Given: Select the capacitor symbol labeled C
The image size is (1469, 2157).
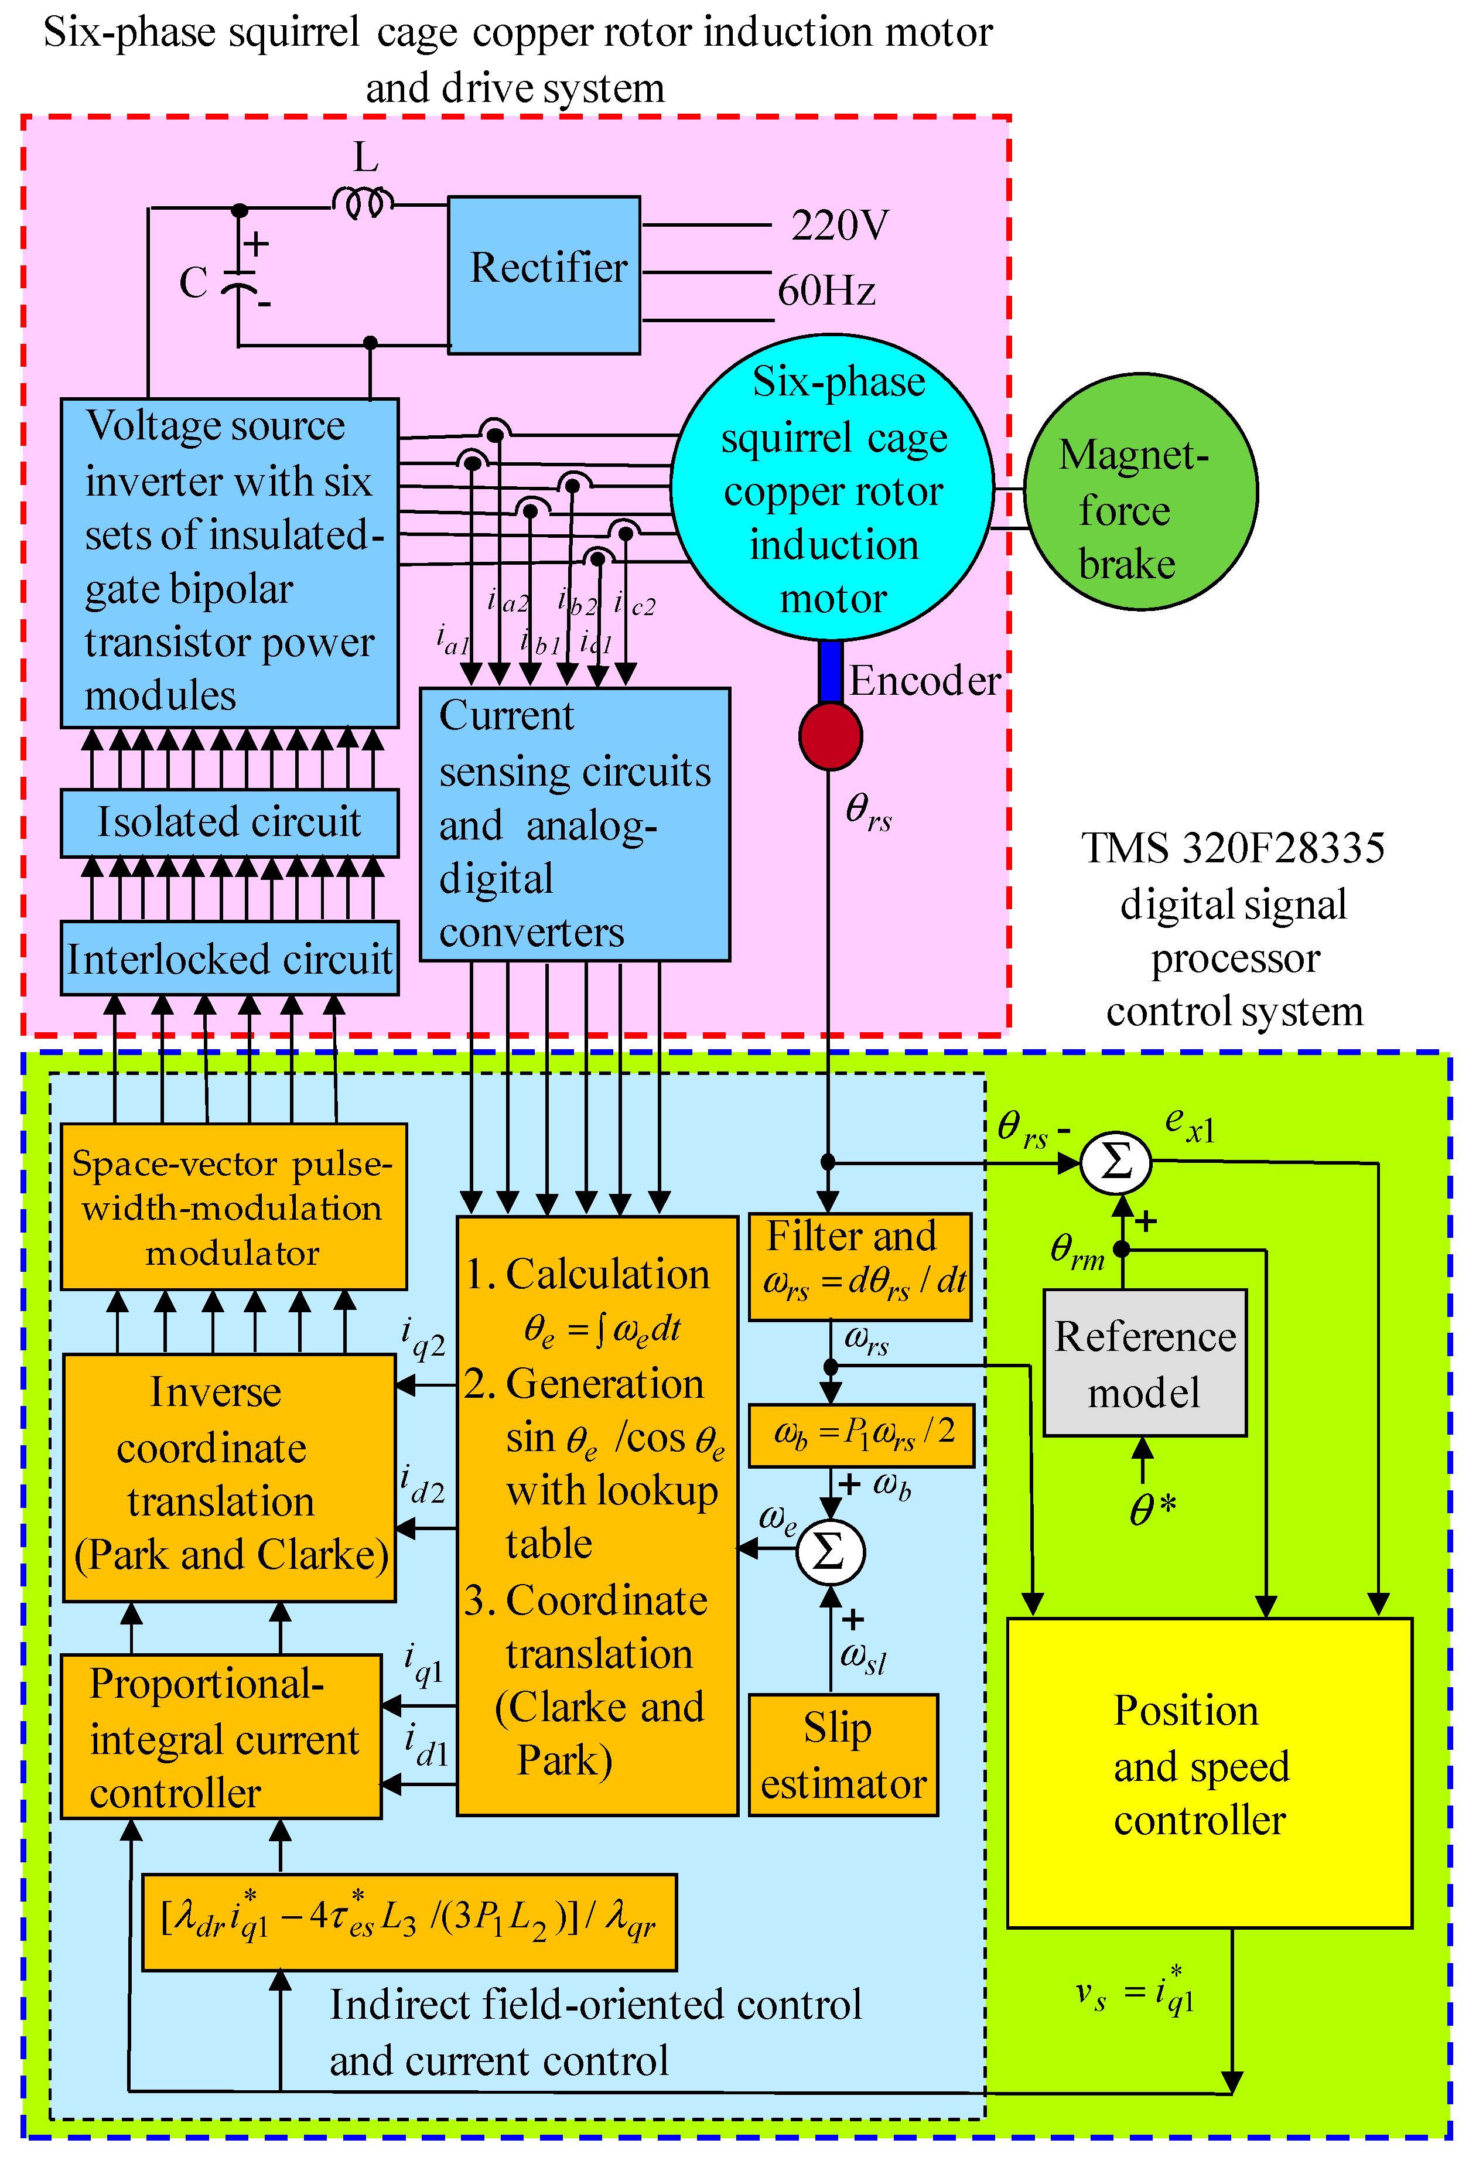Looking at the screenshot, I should coord(240,282).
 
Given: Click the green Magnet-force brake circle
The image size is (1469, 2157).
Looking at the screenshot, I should coord(1140,492).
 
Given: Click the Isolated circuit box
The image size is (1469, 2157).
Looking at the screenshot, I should coord(229,822).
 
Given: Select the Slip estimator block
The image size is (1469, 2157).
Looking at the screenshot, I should coord(843,1754).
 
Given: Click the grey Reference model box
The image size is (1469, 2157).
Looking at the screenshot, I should coord(1144,1363).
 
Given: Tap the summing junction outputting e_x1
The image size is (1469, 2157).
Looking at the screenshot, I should coord(1115,1162).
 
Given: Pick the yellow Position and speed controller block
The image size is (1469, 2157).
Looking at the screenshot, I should coord(1208,1773).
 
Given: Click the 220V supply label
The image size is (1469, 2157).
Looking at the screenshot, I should coord(839,226).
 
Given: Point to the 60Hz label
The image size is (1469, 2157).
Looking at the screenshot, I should coord(826,291).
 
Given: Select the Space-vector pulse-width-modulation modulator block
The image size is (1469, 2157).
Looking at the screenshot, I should coord(233,1207).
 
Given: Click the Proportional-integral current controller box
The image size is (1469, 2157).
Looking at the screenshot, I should coord(221,1736).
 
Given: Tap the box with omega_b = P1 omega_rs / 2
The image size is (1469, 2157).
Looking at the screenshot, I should coord(860,1434).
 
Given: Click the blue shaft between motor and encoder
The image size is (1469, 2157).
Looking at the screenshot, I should coord(831,671).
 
